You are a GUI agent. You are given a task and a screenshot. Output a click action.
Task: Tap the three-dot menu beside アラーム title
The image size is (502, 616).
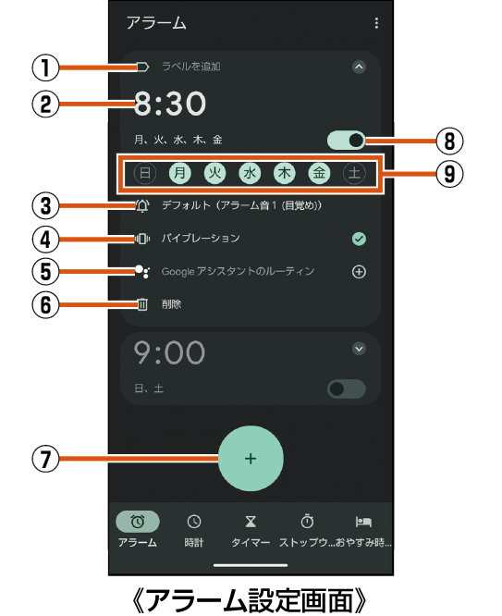click(x=376, y=23)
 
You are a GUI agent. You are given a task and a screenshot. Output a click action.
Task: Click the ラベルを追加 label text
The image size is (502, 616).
click(x=191, y=67)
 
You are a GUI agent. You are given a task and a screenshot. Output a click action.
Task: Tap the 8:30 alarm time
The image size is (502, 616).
click(x=170, y=104)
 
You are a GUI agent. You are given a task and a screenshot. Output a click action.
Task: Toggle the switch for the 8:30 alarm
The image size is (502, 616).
click(x=346, y=141)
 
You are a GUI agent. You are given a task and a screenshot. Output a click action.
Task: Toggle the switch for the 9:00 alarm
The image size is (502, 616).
click(x=346, y=388)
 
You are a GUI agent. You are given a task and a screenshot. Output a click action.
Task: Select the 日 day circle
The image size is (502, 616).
click(x=145, y=173)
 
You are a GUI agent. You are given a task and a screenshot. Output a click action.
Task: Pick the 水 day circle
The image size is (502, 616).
click(x=250, y=173)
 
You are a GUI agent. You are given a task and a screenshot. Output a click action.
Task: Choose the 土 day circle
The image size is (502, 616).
click(x=354, y=173)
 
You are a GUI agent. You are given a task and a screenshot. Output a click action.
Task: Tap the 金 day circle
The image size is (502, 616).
click(x=319, y=173)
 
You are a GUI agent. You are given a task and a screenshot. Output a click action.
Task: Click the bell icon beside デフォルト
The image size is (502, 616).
click(x=142, y=205)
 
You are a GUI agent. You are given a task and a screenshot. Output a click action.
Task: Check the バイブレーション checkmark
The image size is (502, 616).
click(x=359, y=239)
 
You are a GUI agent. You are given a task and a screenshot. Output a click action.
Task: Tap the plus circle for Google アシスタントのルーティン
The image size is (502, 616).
click(x=359, y=271)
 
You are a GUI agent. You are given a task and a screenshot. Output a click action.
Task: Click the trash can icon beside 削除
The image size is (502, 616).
click(x=142, y=304)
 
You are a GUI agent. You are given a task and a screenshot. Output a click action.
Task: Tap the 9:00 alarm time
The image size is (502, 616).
click(x=169, y=352)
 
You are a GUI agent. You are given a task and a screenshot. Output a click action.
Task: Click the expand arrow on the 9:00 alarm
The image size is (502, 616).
click(x=359, y=349)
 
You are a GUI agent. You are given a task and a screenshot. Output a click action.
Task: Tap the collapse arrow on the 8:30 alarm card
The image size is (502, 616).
click(x=359, y=67)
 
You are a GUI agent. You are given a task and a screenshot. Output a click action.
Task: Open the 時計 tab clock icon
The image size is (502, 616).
click(x=194, y=522)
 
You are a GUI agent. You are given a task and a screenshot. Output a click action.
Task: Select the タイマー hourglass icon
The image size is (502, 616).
click(x=251, y=522)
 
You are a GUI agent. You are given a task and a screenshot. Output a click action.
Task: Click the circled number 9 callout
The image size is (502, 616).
click(x=449, y=174)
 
